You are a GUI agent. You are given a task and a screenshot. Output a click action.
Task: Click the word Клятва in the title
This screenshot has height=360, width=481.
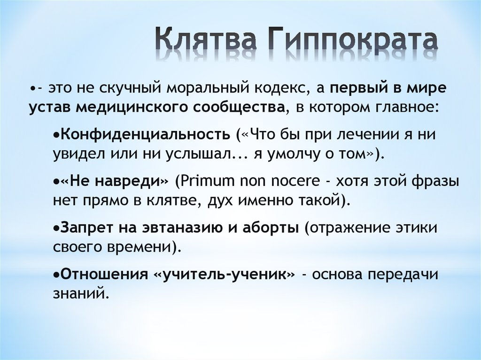pos(206,41)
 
